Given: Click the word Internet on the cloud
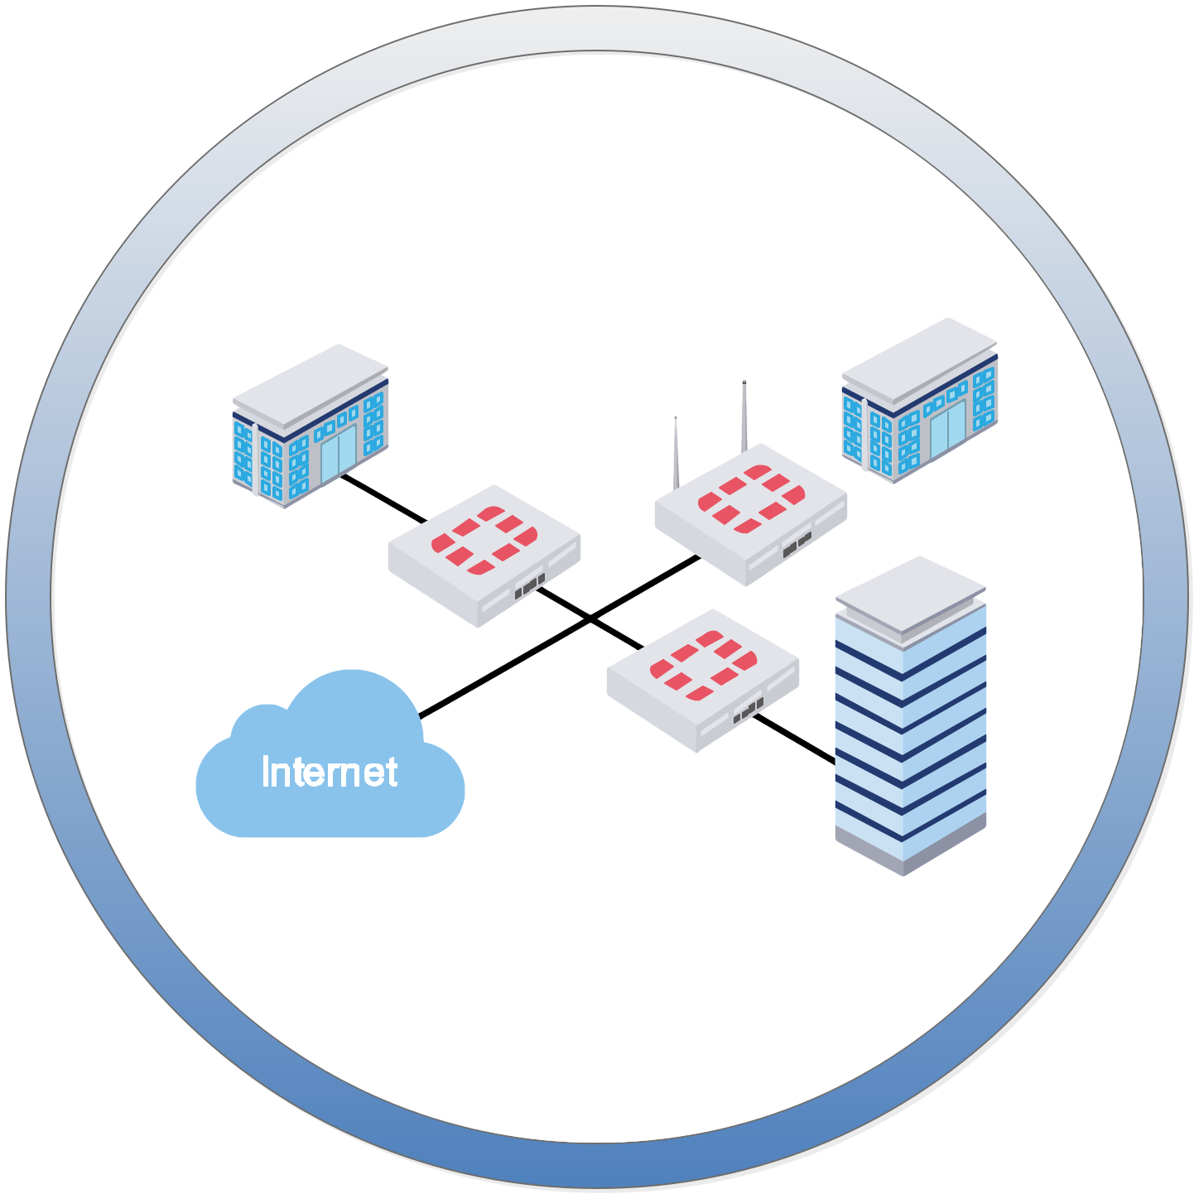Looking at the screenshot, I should click(x=330, y=772).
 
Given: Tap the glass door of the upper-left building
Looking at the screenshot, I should click(x=338, y=454).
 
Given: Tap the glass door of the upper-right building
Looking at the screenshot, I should click(x=947, y=430).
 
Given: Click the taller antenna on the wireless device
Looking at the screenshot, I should click(x=744, y=418).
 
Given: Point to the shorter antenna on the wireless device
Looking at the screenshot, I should click(x=676, y=454).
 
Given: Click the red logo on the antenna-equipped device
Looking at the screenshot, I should click(x=751, y=498).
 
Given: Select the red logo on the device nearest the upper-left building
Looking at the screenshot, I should click(x=484, y=540).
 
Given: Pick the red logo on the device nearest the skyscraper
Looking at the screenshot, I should click(x=703, y=664).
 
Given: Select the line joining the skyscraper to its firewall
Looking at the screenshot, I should click(x=793, y=738).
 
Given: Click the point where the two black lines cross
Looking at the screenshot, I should click(x=590, y=618).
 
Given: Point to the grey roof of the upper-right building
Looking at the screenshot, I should click(x=919, y=359).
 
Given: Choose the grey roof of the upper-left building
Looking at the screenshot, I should click(x=310, y=385).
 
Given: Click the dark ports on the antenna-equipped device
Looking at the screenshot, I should click(x=797, y=545).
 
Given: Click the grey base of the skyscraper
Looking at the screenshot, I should click(x=909, y=853).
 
